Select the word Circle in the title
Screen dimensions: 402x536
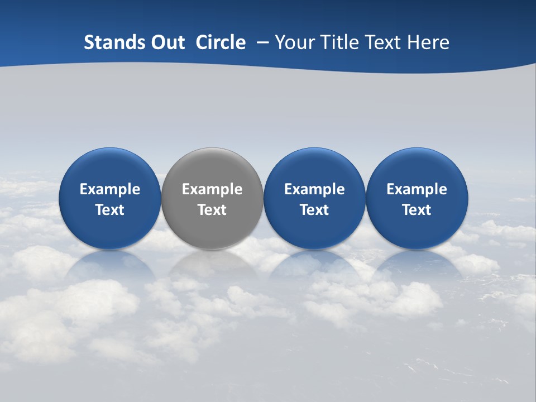click(221, 42)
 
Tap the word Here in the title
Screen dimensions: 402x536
click(427, 42)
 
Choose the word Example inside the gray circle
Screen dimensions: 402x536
click(212, 189)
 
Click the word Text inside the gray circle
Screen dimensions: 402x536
click(212, 210)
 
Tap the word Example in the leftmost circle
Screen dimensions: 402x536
click(110, 189)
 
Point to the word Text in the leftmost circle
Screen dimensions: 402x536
click(110, 210)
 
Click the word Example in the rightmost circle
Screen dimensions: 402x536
click(417, 189)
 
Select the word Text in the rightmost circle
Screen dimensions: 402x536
click(417, 210)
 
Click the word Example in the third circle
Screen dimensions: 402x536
click(314, 189)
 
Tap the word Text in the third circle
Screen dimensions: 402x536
click(314, 210)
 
